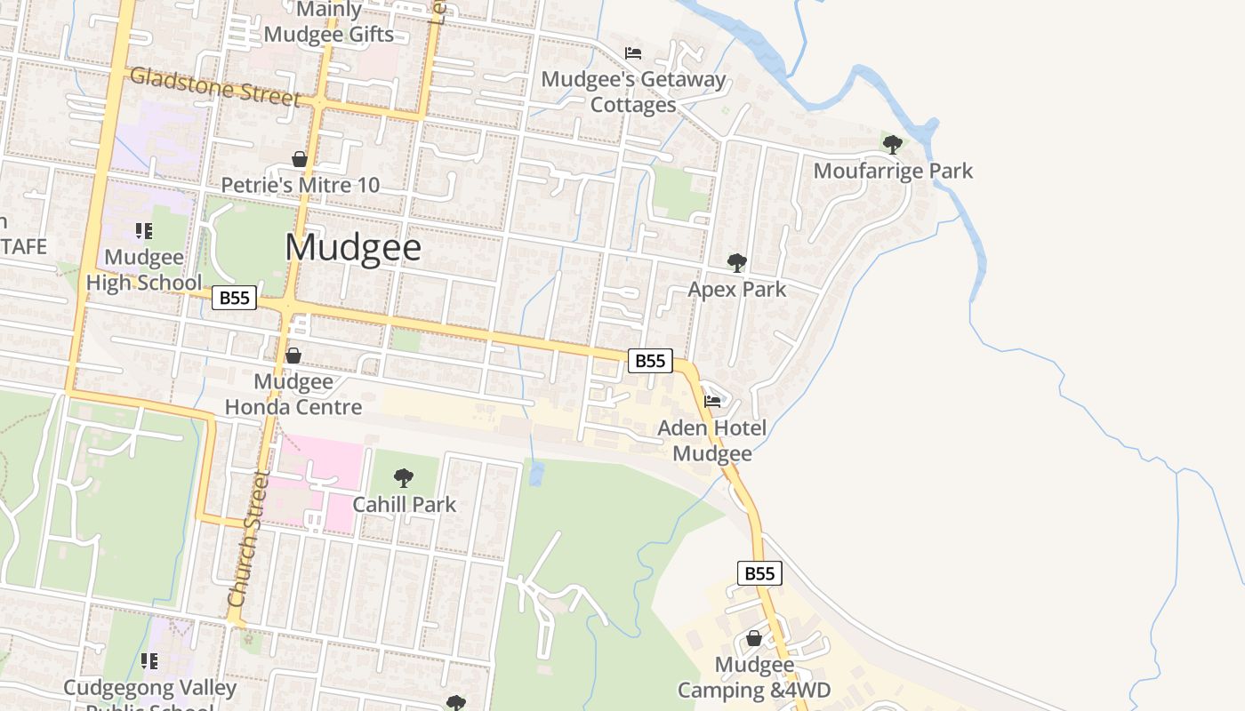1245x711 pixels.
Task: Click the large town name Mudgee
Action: click(353, 247)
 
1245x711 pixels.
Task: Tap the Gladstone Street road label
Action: click(214, 86)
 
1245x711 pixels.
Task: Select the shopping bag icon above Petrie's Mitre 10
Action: click(300, 159)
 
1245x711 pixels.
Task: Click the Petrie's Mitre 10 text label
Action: click(300, 185)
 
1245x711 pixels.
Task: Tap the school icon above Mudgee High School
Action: click(144, 231)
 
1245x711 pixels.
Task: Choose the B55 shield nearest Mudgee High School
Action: click(234, 298)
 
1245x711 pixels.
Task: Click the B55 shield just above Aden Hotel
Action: click(650, 360)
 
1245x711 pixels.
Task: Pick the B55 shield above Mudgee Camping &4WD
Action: click(759, 573)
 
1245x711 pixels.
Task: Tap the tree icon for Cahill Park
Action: click(404, 478)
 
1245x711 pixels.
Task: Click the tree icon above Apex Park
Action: click(736, 262)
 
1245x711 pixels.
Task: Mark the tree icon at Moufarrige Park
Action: click(893, 144)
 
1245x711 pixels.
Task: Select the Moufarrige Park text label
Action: click(893, 171)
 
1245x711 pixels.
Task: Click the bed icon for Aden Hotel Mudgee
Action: click(712, 402)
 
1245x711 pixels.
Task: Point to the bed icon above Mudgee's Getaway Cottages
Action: click(633, 53)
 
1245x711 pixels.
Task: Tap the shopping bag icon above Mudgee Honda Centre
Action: click(293, 355)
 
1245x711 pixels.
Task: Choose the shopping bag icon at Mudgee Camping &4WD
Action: click(754, 638)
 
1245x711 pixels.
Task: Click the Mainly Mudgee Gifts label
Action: click(329, 22)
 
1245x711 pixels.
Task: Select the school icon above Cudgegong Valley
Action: click(149, 661)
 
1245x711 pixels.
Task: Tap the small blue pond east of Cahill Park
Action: click(535, 473)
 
